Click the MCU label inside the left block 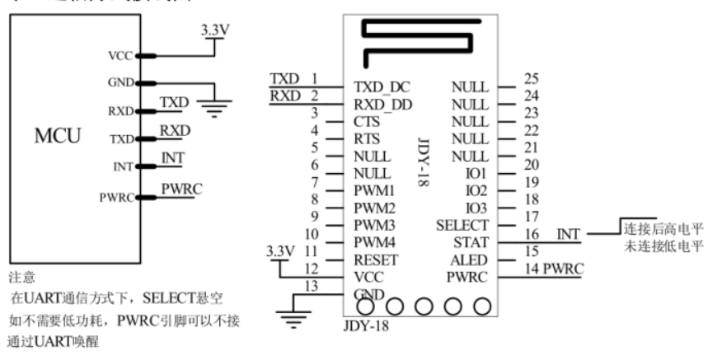(58, 136)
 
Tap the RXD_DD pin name (382, 104)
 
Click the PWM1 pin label (373, 191)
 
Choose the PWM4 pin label (373, 243)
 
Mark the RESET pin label (373, 260)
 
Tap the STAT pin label (471, 242)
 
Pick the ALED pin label (470, 259)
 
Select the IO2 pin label (476, 190)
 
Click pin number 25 (532, 79)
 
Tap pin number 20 (532, 166)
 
